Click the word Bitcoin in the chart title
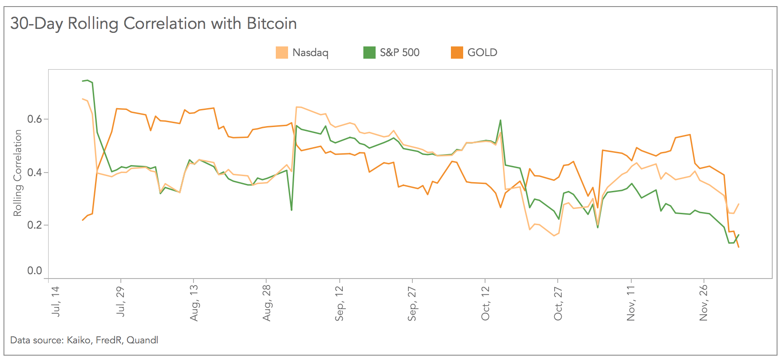pyautogui.click(x=271, y=24)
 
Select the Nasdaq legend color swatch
pyautogui.click(x=282, y=53)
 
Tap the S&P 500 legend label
pyautogui.click(x=399, y=53)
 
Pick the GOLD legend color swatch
pyautogui.click(x=457, y=53)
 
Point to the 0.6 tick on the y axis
pyautogui.click(x=35, y=119)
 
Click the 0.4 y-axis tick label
pyautogui.click(x=35, y=172)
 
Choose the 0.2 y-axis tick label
pyautogui.click(x=35, y=225)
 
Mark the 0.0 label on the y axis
pyautogui.click(x=35, y=271)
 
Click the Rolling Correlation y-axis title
pyautogui.click(x=18, y=173)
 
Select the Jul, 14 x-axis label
pyautogui.click(x=56, y=301)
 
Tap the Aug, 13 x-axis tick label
pyautogui.click(x=194, y=303)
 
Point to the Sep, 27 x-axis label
pyautogui.click(x=412, y=304)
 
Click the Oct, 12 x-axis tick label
pyautogui.click(x=485, y=303)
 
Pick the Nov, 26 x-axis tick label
pyautogui.click(x=704, y=303)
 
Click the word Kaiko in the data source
pyautogui.click(x=79, y=340)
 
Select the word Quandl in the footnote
pyautogui.click(x=142, y=340)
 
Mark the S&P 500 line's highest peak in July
pyautogui.click(x=88, y=80)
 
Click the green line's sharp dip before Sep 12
pyautogui.click(x=292, y=210)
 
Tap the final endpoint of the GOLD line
pyautogui.click(x=739, y=247)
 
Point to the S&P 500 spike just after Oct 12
pyautogui.click(x=500, y=120)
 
